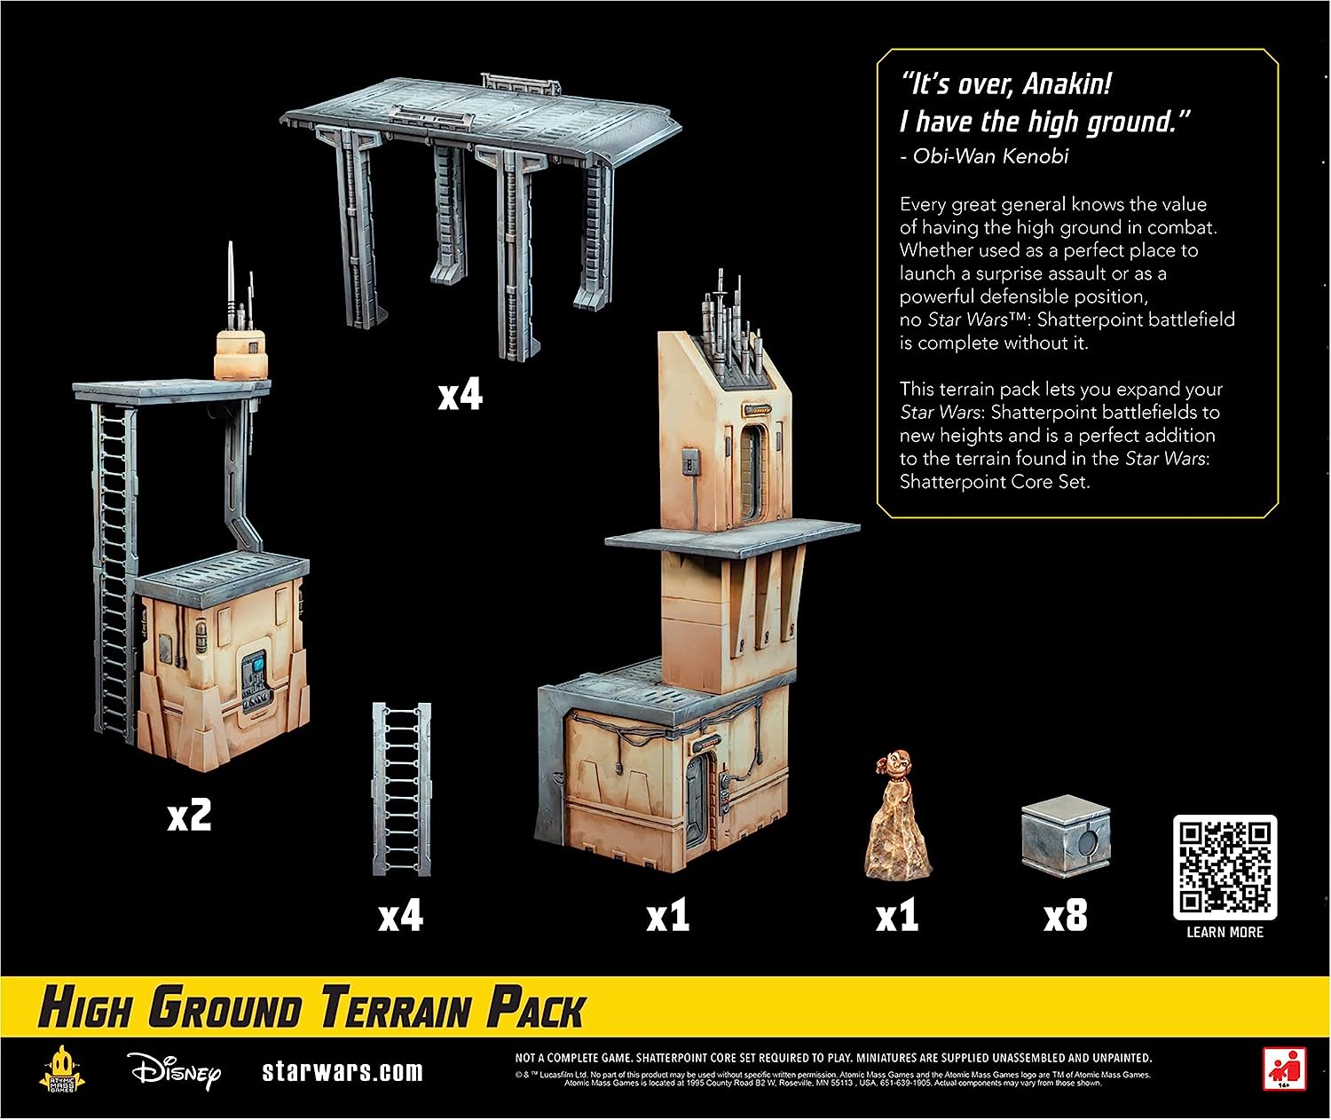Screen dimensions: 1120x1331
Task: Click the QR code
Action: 1225,867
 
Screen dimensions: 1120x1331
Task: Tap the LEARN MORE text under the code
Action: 1225,932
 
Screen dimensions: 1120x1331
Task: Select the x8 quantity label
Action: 1065,915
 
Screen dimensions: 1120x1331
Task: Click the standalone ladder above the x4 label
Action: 401,790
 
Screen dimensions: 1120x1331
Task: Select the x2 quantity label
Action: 190,816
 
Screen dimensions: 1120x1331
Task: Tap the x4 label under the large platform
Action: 460,395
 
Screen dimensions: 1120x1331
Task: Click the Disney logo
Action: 176,1071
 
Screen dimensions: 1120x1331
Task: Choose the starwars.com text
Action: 343,1071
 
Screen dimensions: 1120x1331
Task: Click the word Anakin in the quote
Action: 1067,84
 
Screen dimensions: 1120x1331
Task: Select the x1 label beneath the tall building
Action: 667,915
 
